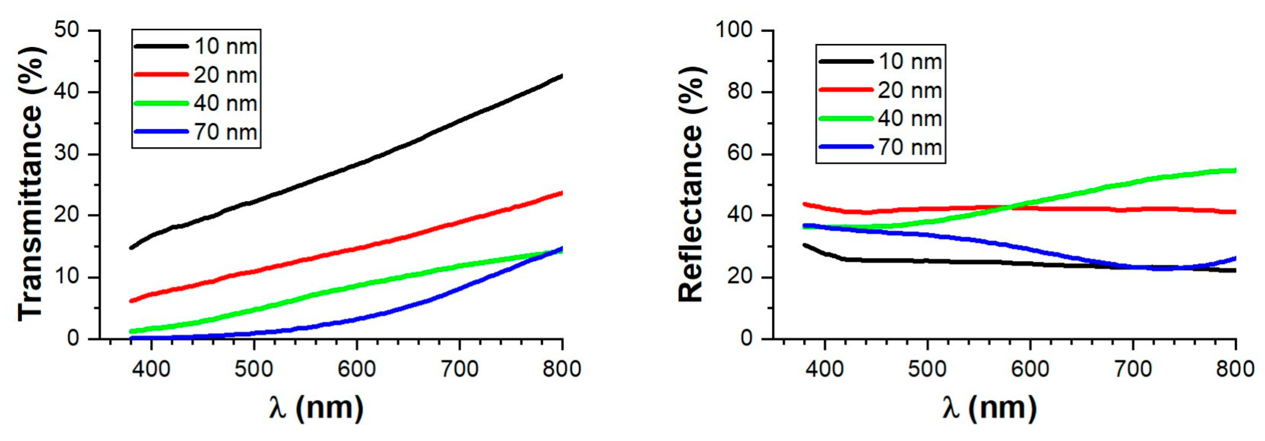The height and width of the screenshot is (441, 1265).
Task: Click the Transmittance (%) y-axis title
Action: pyautogui.click(x=30, y=184)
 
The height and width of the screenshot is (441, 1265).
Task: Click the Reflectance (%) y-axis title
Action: pyautogui.click(x=691, y=184)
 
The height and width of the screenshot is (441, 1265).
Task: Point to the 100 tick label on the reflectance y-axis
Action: pyautogui.click(x=733, y=30)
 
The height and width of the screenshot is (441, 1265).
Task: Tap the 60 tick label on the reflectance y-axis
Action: pyautogui.click(x=740, y=154)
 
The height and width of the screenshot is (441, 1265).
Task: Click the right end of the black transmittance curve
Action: pyautogui.click(x=561, y=76)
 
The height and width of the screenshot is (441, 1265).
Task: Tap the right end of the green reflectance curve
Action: pyautogui.click(x=1234, y=171)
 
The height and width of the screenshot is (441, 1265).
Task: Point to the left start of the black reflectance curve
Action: pyautogui.click(x=805, y=245)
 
